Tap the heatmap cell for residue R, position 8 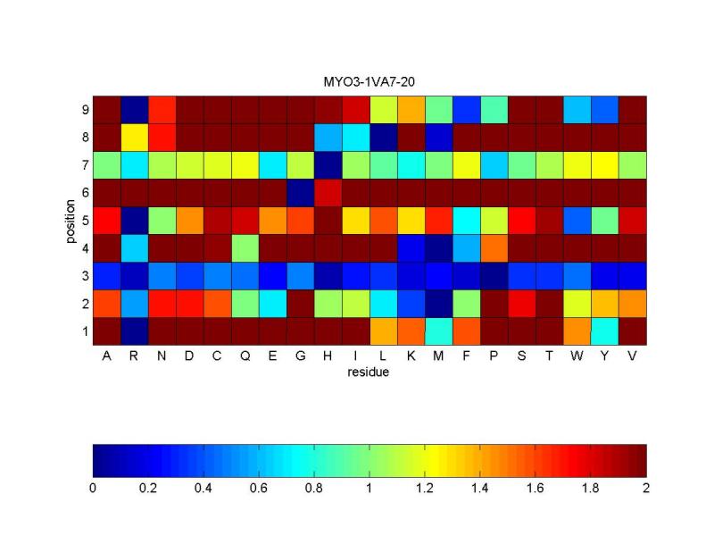tap(134, 138)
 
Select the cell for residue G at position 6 tap(300, 193)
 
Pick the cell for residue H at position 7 tap(328, 165)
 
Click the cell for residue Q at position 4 tap(245, 247)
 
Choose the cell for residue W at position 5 tap(577, 221)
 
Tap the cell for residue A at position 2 tap(106, 304)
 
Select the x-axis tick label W tap(577, 356)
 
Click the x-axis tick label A tap(106, 356)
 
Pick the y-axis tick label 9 tap(84, 110)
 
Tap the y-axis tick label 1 tap(84, 331)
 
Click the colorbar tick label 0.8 tap(314, 489)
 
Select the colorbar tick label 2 tap(646, 489)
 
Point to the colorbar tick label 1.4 tap(480, 489)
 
